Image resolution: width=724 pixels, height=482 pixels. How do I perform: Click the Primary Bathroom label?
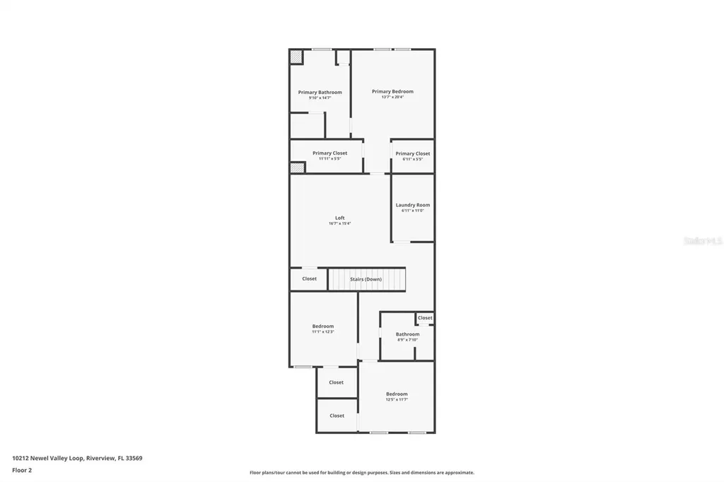point(320,92)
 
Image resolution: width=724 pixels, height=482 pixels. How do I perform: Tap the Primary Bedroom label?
point(392,91)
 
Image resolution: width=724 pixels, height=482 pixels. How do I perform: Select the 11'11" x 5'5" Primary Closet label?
point(329,153)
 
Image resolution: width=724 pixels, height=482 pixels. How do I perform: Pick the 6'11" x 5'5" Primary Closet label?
point(412,153)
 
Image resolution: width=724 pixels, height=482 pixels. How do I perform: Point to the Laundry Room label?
point(412,205)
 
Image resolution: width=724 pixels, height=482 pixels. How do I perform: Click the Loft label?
point(339,218)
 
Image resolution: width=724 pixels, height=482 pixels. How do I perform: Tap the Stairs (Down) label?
point(366,279)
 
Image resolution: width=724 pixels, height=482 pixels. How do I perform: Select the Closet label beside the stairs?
point(309,278)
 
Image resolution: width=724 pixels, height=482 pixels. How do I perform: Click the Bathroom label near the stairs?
point(407,334)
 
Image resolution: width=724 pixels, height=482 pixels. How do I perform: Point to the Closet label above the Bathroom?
point(424,318)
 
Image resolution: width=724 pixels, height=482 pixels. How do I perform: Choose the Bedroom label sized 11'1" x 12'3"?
point(322,327)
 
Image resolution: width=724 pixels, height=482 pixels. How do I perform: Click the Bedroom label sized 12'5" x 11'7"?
point(397,394)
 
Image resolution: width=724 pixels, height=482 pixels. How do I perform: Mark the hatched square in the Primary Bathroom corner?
point(296,57)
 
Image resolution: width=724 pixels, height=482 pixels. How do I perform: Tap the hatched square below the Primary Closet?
point(297,167)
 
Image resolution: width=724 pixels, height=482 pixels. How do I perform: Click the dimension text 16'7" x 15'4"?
point(339,223)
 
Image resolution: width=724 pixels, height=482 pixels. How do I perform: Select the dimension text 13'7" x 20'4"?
point(392,97)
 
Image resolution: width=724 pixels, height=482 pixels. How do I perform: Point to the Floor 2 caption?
point(22,470)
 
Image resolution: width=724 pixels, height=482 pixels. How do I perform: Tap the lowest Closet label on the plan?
point(337,416)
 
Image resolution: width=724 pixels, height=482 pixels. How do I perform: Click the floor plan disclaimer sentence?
point(361,473)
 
